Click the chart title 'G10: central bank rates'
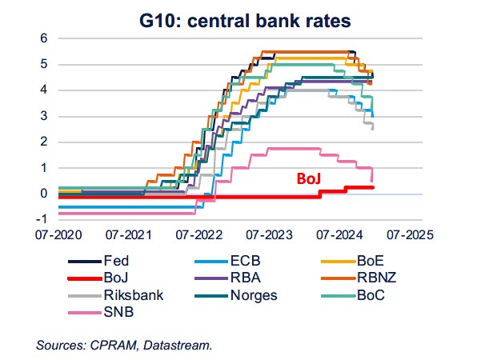click(x=239, y=17)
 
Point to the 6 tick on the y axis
click(x=45, y=38)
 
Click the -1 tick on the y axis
click(x=42, y=219)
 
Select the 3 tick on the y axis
click(x=45, y=116)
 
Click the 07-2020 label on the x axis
click(x=60, y=236)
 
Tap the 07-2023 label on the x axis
click(x=271, y=236)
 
